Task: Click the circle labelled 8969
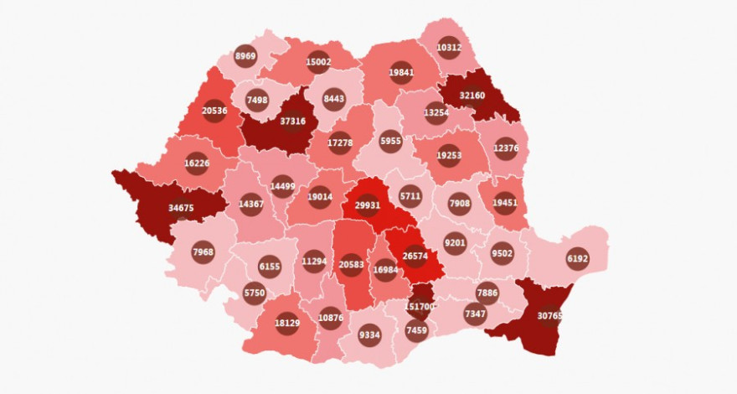coord(245,56)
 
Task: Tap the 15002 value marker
coord(318,61)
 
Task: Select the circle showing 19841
coord(401,73)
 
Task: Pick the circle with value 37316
coord(292,121)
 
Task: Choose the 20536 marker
coord(214,111)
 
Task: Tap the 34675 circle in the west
coord(182,207)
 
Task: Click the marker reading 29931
coord(368,205)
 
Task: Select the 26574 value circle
coord(415,256)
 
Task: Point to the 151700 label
coord(420,306)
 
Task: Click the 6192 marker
coord(578,259)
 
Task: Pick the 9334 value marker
coord(369,335)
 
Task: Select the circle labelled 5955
coord(391,141)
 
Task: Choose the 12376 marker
coord(506,149)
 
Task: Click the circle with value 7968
coord(204,251)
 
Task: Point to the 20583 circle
coord(352,264)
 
